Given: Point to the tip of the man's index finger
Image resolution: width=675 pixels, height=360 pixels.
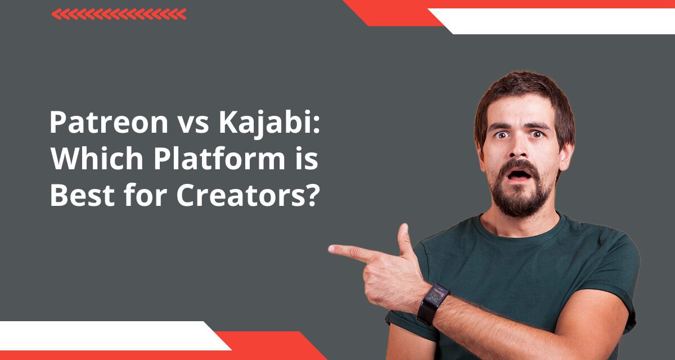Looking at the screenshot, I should coord(332,248).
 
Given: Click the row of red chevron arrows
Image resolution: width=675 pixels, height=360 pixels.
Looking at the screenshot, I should coord(119,14).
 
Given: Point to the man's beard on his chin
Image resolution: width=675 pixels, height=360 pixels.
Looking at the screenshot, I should coord(521,200).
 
